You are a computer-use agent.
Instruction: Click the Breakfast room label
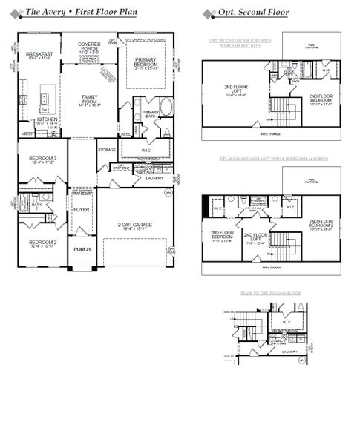(38, 56)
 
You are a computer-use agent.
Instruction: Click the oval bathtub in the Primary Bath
(165, 106)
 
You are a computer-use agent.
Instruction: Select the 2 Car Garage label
(135, 225)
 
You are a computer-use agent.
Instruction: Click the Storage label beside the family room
(106, 150)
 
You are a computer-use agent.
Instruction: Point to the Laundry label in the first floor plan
(154, 178)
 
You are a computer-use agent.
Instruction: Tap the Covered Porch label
(89, 47)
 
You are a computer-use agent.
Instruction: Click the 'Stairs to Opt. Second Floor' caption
(271, 294)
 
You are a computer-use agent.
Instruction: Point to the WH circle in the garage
(168, 192)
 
